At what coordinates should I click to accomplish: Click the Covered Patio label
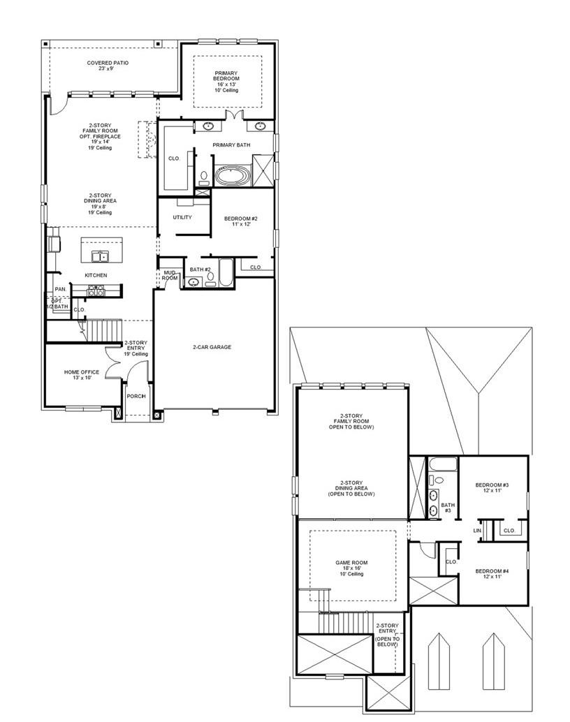point(108,66)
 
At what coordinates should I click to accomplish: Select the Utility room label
point(182,217)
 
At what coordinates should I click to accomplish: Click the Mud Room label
point(170,275)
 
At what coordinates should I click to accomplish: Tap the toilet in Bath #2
point(210,277)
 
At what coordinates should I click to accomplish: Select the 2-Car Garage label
point(212,347)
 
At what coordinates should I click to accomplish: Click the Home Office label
point(82,375)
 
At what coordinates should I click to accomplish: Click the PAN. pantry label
point(61,289)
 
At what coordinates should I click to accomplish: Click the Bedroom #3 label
point(492,487)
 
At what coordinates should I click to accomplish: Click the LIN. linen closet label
point(478,531)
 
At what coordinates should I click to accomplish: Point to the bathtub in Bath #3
point(443,464)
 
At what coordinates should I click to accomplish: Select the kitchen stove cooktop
point(96,291)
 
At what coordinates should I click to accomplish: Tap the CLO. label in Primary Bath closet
point(174,159)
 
